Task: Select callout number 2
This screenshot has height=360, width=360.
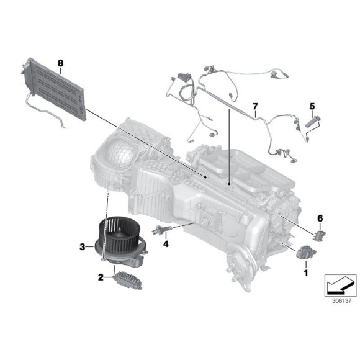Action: coord(100,278)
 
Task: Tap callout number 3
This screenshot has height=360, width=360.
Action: coord(83,247)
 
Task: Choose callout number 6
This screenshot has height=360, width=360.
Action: coord(320,218)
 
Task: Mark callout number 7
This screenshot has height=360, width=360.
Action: coord(254,106)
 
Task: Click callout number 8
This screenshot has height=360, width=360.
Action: coord(60,63)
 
